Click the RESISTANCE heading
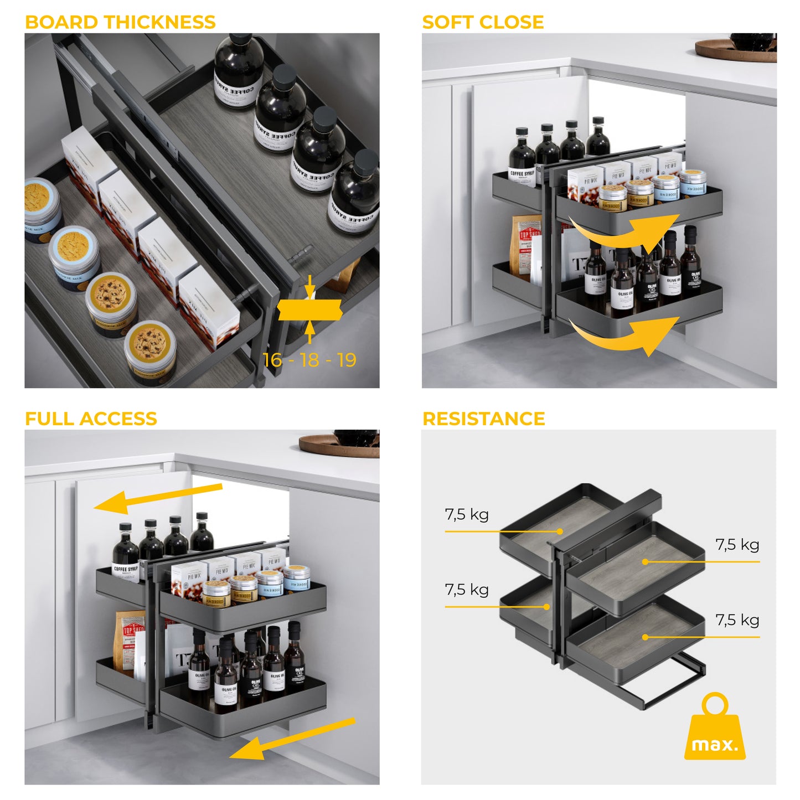coord(483,419)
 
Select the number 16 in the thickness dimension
coord(272,360)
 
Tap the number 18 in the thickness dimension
coord(309,360)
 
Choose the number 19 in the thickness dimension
coord(347,360)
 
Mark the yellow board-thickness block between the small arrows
coord(309,310)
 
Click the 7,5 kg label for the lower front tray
coord(737,620)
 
